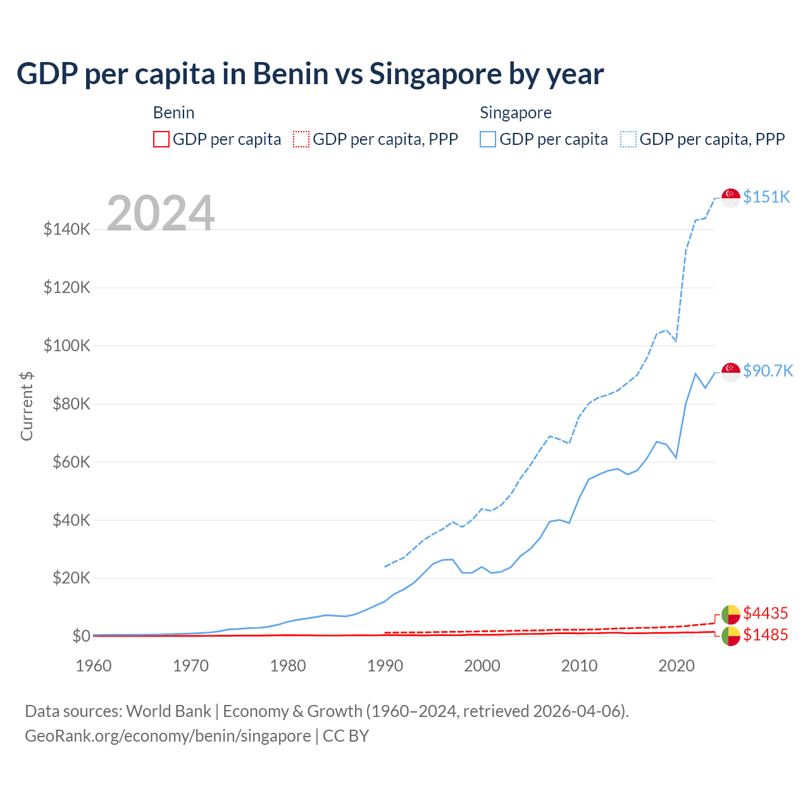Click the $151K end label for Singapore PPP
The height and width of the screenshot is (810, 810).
(x=766, y=197)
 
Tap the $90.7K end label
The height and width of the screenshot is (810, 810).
(x=768, y=371)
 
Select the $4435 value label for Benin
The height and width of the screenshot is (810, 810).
(x=765, y=613)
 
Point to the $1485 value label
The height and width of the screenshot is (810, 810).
(x=765, y=635)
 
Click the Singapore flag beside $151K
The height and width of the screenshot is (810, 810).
(x=731, y=197)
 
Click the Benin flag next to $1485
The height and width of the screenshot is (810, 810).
(x=731, y=636)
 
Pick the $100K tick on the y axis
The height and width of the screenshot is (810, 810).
(x=67, y=346)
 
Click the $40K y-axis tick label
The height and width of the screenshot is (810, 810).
(x=67, y=520)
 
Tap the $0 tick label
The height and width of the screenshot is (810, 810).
(x=81, y=636)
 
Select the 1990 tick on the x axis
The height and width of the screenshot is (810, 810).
(x=385, y=666)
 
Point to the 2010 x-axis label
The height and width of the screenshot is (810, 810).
(x=579, y=666)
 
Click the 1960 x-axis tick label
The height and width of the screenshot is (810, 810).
(x=94, y=666)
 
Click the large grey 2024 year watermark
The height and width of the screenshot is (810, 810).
(x=161, y=213)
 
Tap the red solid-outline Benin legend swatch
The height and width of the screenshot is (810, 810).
(x=161, y=139)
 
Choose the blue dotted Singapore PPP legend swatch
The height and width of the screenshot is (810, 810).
(x=629, y=139)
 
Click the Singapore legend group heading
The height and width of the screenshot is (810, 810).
(x=515, y=113)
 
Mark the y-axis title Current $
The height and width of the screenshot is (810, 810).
(x=27, y=406)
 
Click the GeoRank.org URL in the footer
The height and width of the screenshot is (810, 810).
(x=168, y=736)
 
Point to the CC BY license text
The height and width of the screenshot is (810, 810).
(x=346, y=736)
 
